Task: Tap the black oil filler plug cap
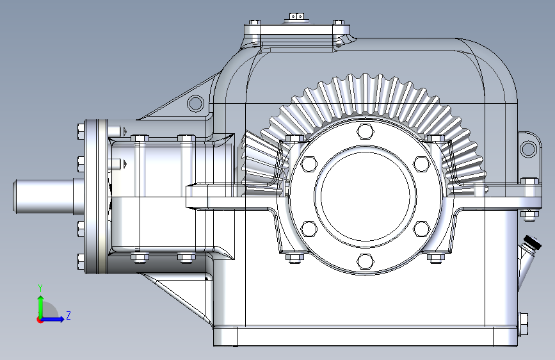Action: pos(533,242)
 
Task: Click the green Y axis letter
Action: pos(40,288)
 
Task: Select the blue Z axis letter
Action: pos(68,315)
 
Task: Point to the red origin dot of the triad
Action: pos(40,320)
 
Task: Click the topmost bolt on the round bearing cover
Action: pos(366,131)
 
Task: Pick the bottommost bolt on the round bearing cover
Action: pos(366,261)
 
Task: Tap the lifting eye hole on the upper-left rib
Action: pos(195,104)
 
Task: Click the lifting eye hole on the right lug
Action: pos(529,149)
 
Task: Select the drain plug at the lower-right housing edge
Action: pos(524,324)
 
